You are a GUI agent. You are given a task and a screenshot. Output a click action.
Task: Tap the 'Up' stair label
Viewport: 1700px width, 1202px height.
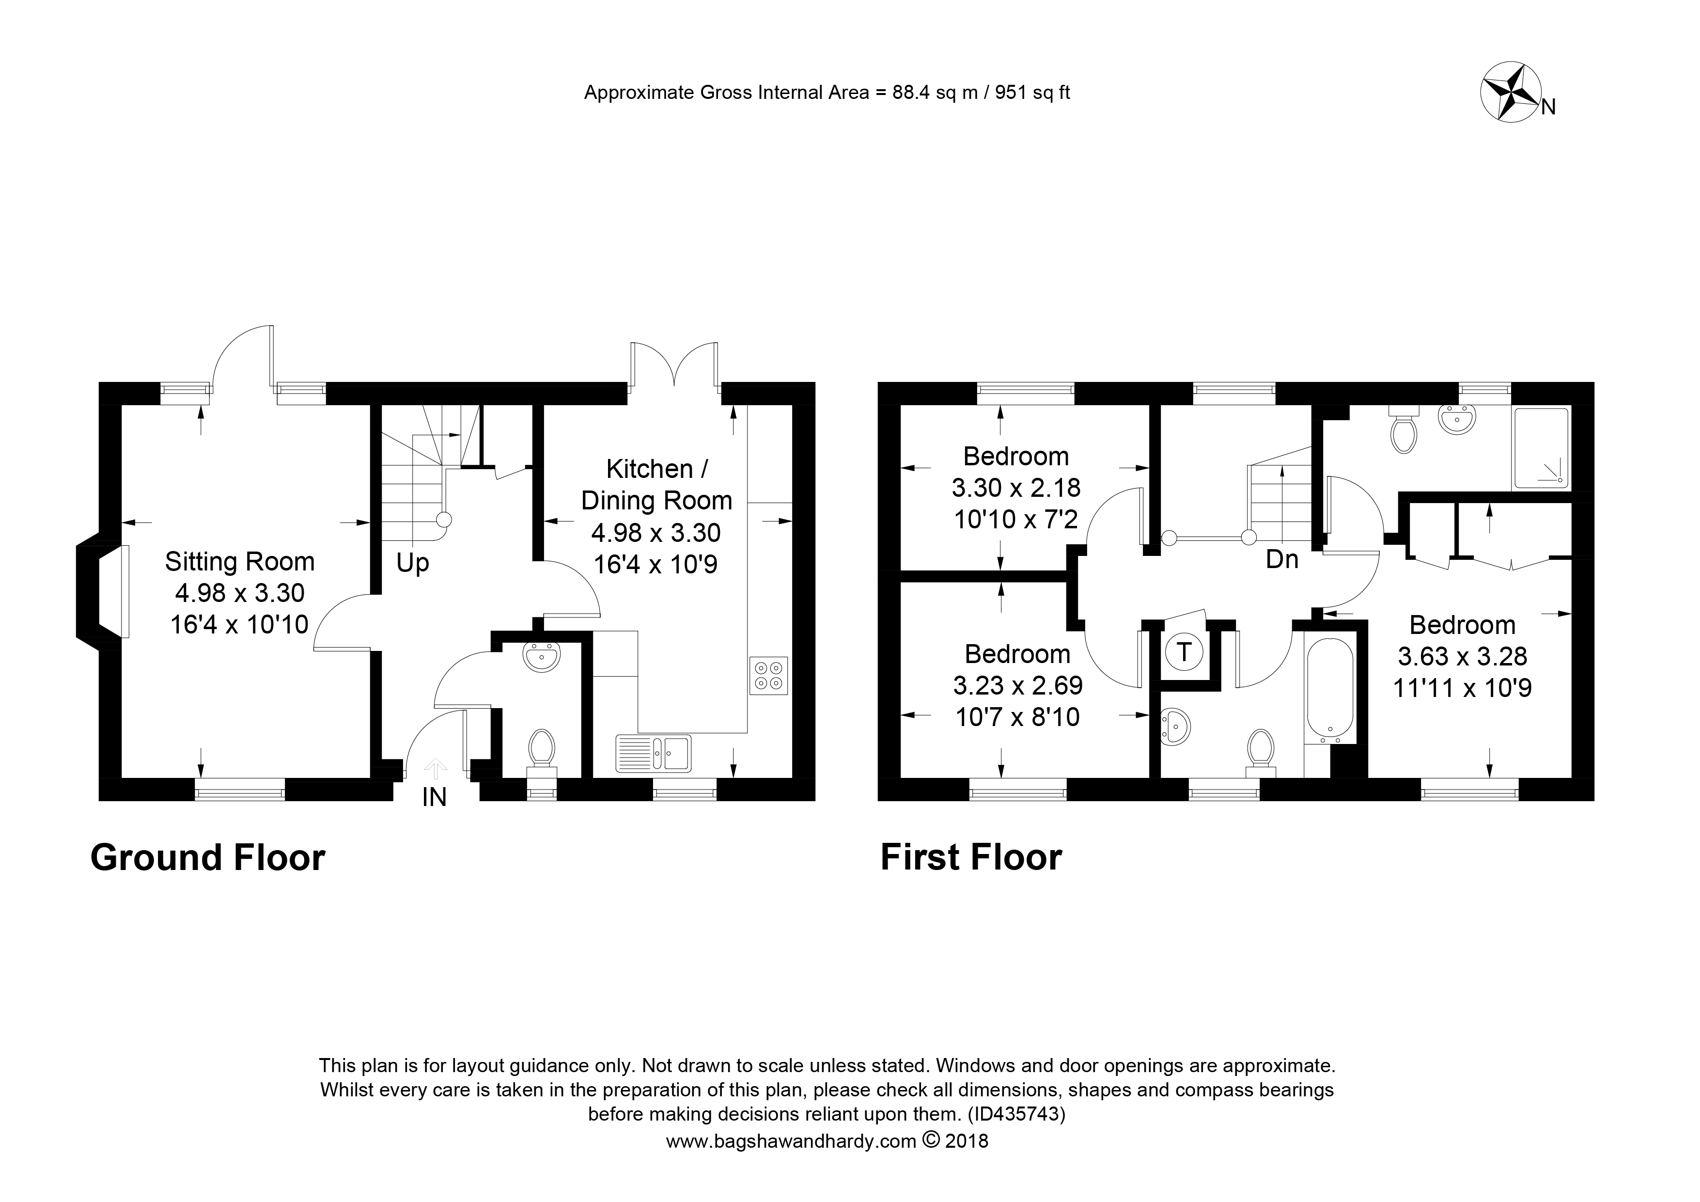[412, 564]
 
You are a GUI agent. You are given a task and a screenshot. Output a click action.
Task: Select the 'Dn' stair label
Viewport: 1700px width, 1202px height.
[1282, 559]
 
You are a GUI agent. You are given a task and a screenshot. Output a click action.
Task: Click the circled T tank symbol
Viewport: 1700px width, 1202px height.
[1185, 652]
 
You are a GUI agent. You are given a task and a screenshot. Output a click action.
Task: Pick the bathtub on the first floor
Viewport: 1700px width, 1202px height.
[1330, 689]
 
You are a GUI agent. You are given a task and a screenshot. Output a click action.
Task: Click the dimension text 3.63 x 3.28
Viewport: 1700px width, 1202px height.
[1462, 656]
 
